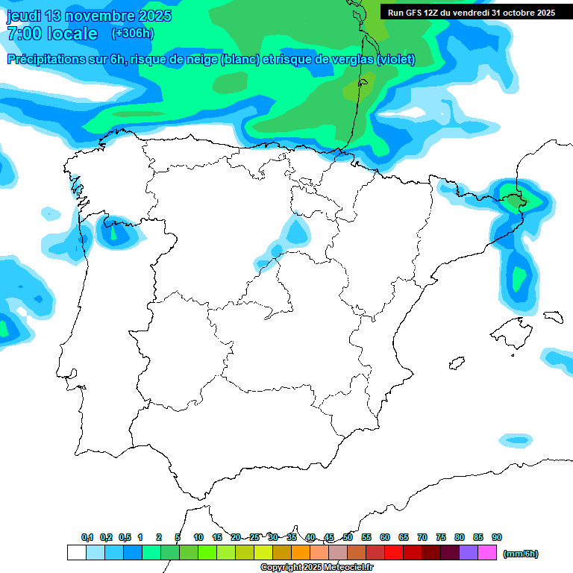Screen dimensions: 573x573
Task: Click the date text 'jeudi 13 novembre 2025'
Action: click(x=90, y=16)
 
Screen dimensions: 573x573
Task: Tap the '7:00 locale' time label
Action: click(x=52, y=34)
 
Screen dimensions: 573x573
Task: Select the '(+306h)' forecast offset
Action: click(x=132, y=34)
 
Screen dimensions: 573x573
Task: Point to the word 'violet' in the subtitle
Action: click(x=395, y=60)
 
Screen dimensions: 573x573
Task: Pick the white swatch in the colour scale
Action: click(x=76, y=553)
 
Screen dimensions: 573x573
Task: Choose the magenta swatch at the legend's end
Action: click(x=487, y=553)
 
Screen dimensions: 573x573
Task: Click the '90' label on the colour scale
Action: click(x=497, y=537)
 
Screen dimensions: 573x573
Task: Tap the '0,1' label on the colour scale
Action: click(x=87, y=537)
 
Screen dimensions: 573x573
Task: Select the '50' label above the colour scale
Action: click(x=348, y=537)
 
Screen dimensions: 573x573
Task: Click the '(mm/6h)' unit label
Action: click(x=521, y=554)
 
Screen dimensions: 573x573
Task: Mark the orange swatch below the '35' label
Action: click(x=301, y=553)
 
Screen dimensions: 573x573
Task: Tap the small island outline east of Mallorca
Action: click(x=553, y=316)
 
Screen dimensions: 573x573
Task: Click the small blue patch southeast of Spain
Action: click(x=516, y=439)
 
